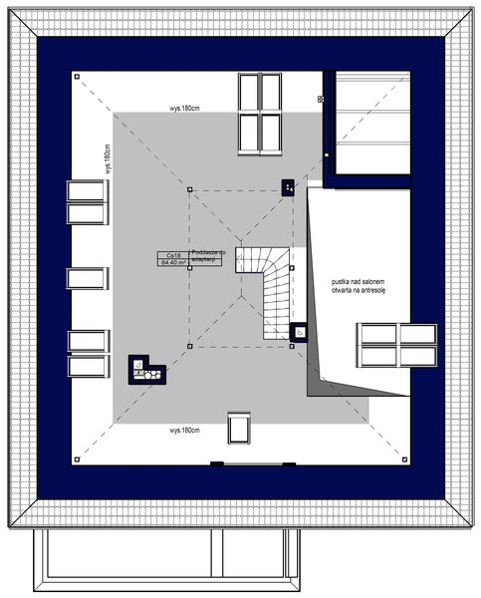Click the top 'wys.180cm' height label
tap(185, 108)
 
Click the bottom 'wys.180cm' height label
tap(185, 431)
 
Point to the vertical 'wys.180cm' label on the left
tap(107, 158)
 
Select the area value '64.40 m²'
tap(175, 264)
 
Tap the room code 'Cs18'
tap(174, 256)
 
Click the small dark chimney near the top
tap(287, 186)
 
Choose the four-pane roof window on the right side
tap(397, 346)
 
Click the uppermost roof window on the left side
tap(87, 202)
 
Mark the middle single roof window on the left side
tap(87, 278)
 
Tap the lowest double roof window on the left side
tap(87, 354)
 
